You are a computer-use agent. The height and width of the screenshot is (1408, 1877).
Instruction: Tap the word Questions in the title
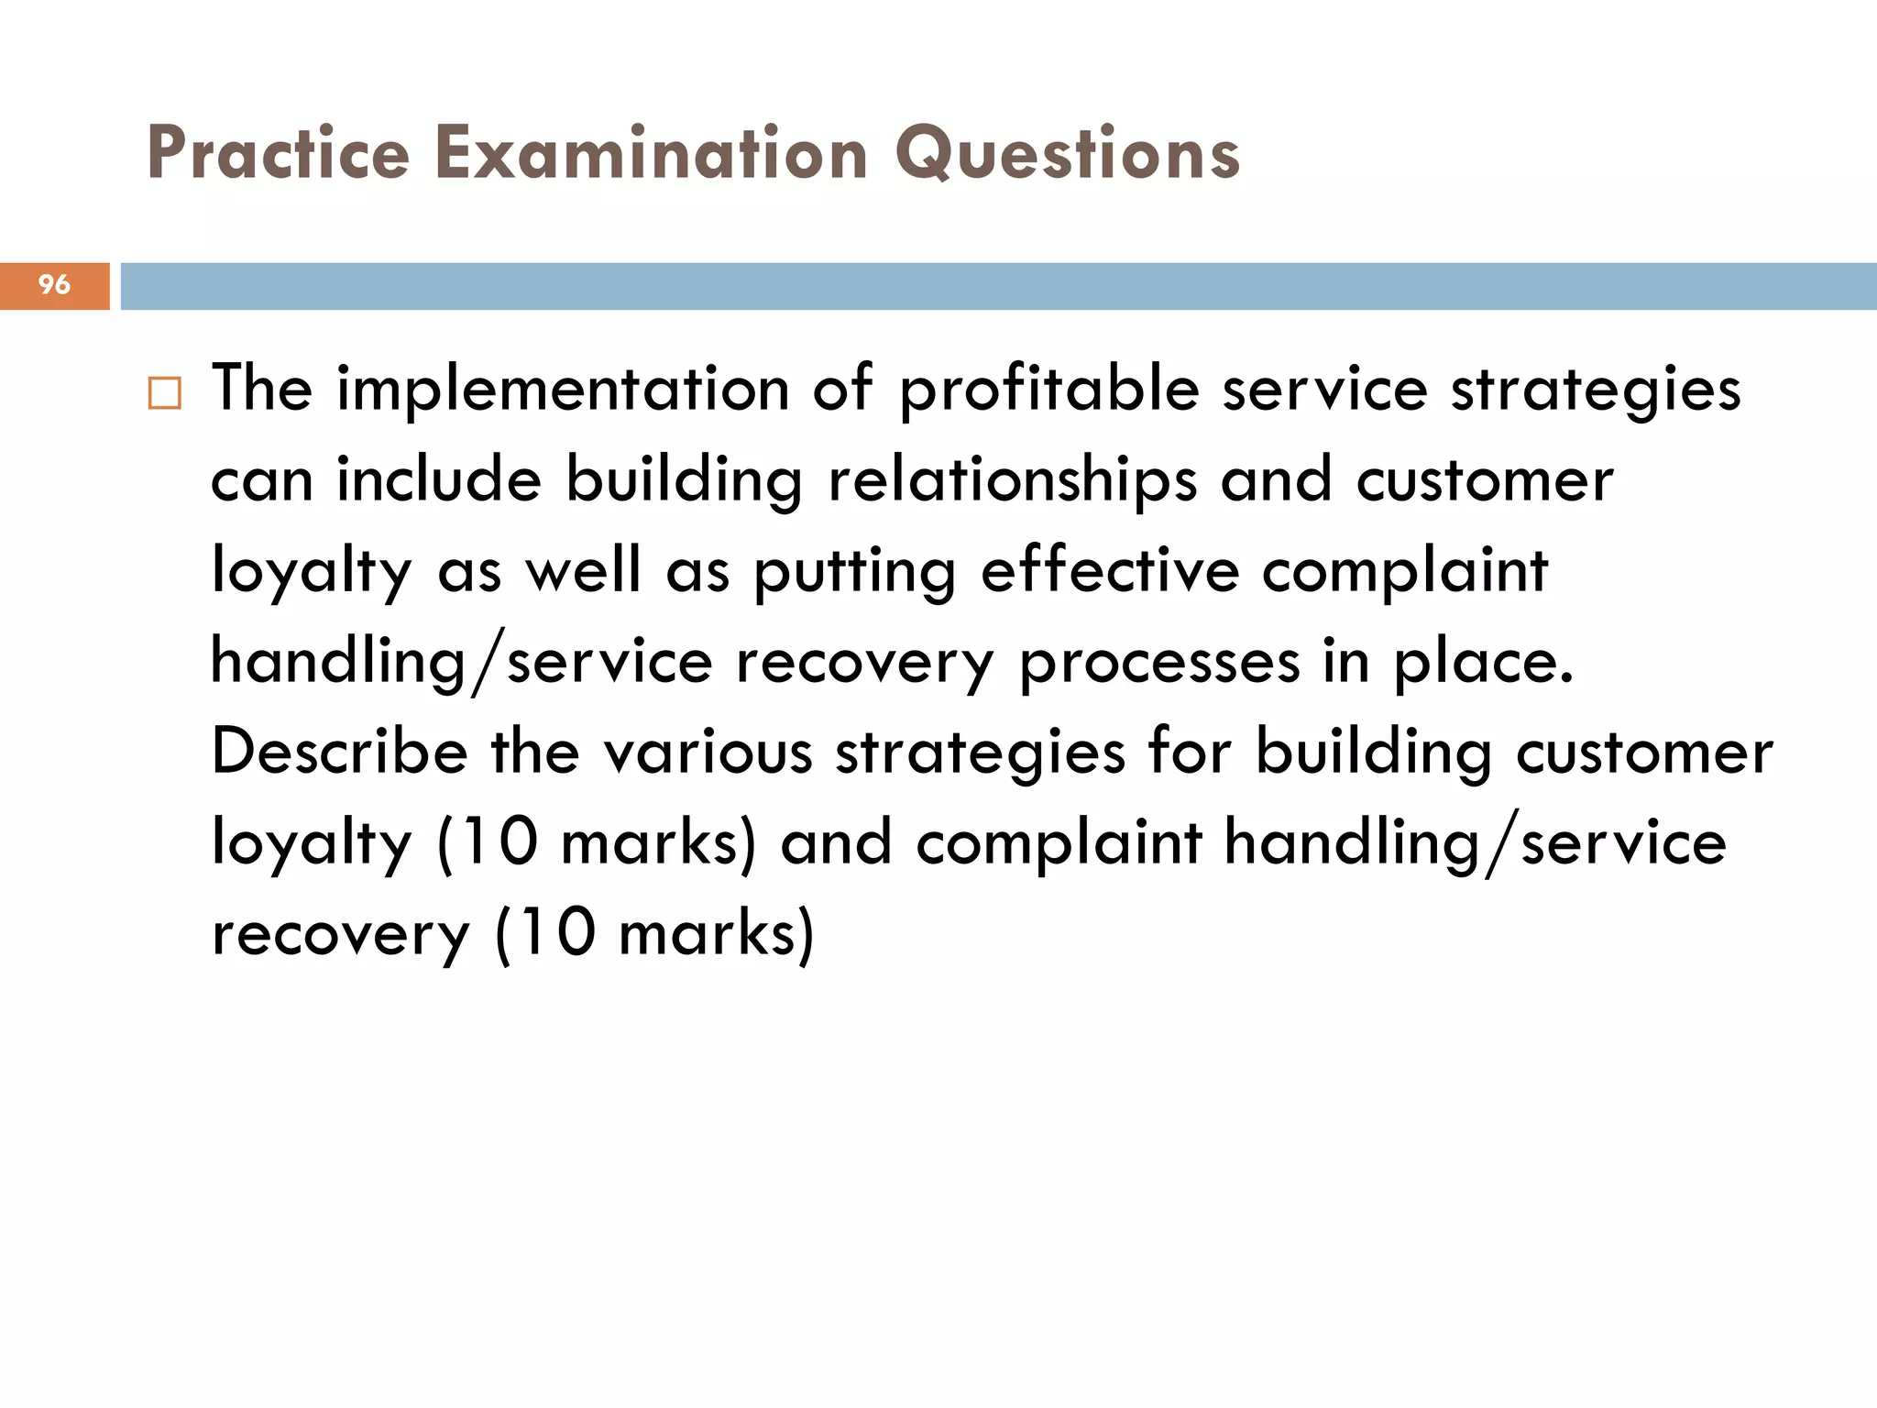[1067, 153]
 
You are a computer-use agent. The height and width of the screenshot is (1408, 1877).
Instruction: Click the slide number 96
[54, 285]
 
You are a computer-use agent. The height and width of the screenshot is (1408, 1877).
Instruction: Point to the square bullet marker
[165, 393]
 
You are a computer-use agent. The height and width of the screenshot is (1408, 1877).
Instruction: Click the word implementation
[563, 390]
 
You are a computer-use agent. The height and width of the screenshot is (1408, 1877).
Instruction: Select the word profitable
[1048, 390]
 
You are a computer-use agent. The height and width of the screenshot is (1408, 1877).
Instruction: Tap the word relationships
[1012, 480]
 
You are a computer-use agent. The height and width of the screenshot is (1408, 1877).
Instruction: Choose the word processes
[1159, 662]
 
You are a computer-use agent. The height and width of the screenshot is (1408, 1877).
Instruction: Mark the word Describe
[339, 752]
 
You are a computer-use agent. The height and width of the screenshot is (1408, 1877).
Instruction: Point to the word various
[708, 752]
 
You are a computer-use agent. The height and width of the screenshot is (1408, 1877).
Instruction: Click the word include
[439, 480]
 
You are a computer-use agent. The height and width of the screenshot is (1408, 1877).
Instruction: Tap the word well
[582, 570]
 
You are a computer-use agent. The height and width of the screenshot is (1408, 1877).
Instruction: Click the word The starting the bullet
[262, 390]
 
